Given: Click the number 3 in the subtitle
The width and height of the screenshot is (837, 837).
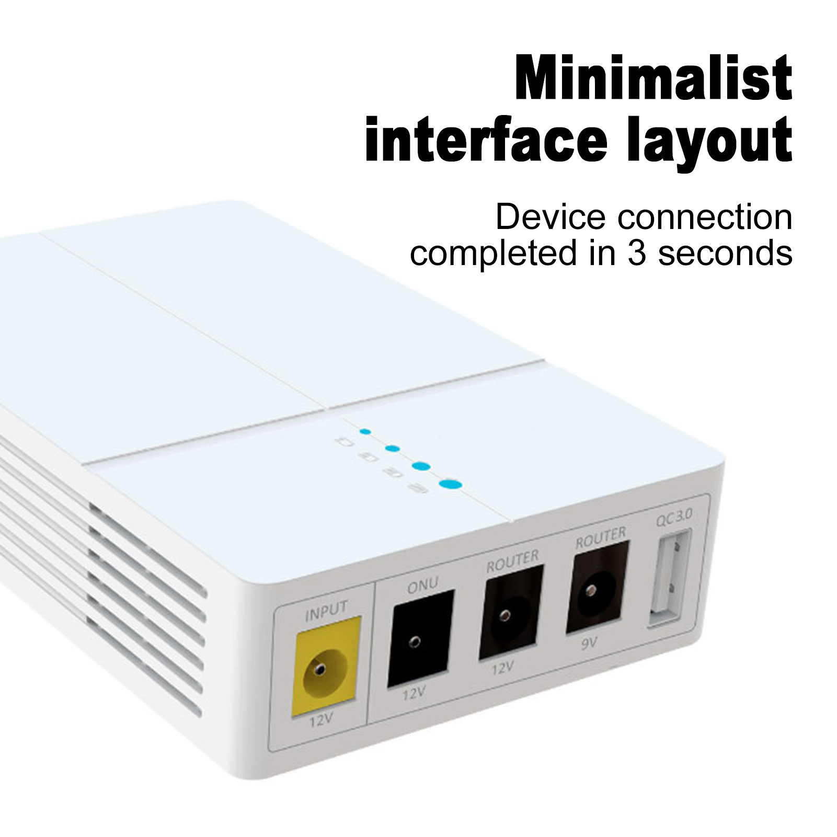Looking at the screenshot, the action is click(636, 254).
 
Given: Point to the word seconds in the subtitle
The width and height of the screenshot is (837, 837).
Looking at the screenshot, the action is click(725, 254).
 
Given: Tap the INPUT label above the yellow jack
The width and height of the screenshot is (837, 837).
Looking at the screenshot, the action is click(326, 611).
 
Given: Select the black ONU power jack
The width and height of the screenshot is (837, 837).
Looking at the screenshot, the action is click(420, 637).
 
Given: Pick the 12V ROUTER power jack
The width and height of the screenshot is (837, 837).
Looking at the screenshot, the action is click(511, 612).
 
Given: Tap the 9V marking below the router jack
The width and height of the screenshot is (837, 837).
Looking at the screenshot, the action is click(589, 644).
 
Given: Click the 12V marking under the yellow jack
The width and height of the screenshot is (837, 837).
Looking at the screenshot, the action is click(320, 721).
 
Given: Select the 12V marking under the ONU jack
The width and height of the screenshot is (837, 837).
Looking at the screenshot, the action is click(414, 694).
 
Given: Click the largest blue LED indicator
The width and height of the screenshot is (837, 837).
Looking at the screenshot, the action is click(451, 485).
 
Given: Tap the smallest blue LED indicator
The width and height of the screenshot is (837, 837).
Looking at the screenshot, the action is click(365, 432).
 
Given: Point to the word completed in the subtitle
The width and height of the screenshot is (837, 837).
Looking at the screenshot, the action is click(493, 255).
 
